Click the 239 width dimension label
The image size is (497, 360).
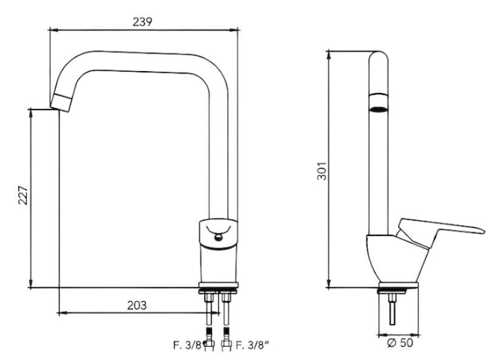tap(142, 21)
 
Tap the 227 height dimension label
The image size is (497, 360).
tap(23, 195)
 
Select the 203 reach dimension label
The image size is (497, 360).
tap(137, 305)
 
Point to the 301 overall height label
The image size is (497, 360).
tap(321, 171)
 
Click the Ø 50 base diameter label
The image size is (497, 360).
tap(400, 342)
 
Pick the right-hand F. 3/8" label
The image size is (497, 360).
tap(253, 344)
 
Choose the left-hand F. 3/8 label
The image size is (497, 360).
tap(187, 344)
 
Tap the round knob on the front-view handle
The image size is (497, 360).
tap(218, 237)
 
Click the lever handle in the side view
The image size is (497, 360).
tap(440, 232)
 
